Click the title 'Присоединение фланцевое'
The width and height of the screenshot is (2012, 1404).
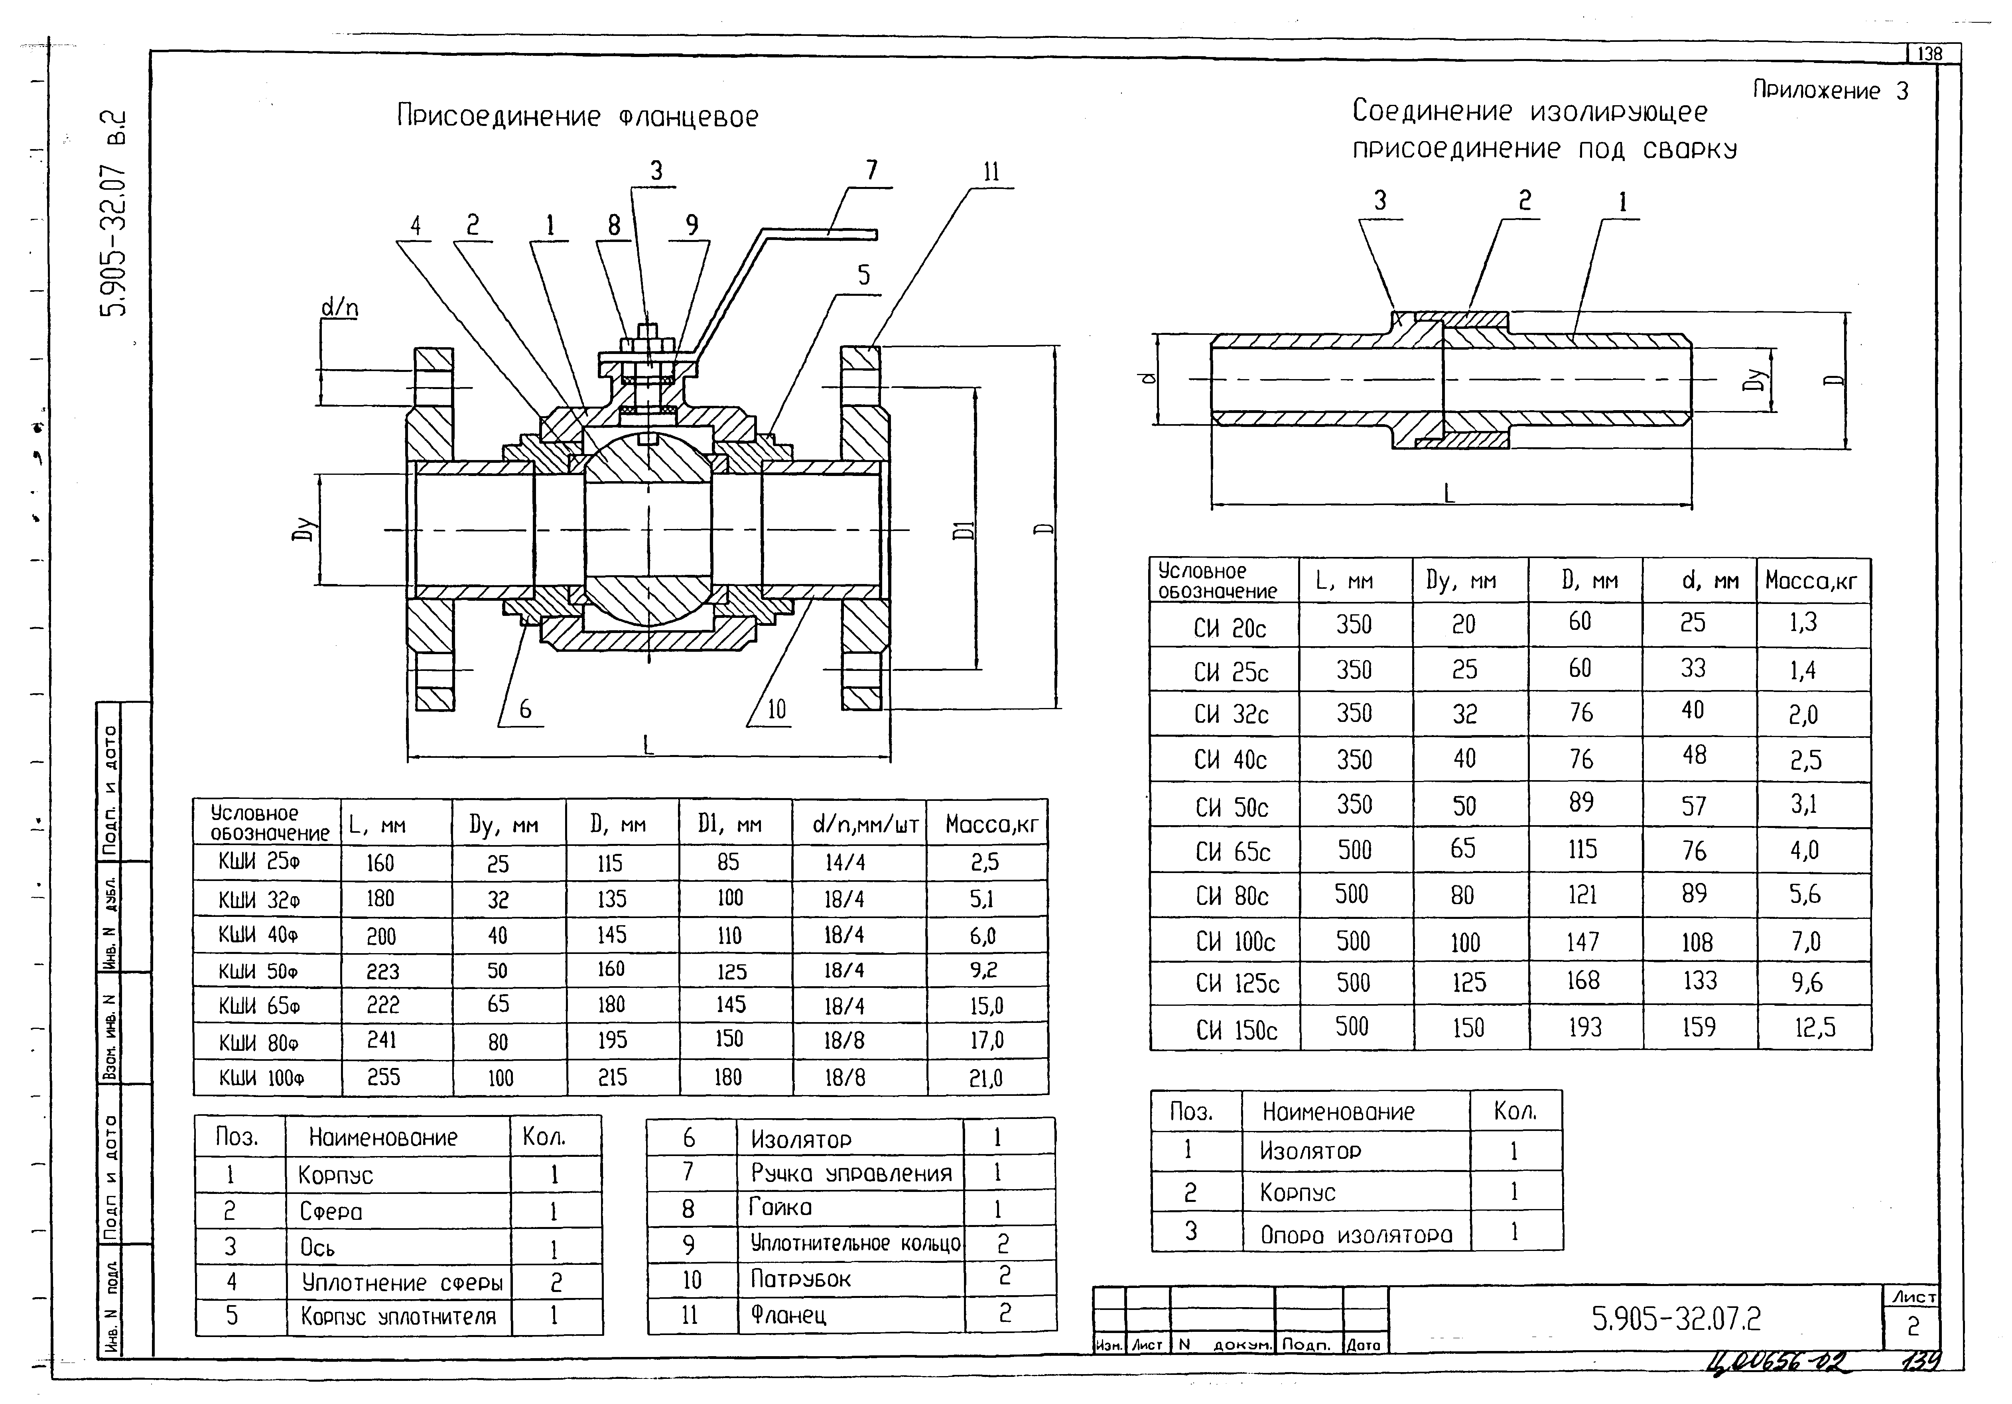(x=577, y=116)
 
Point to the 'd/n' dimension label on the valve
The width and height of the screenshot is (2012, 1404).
(x=339, y=307)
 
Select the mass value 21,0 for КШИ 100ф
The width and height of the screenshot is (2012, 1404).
(x=986, y=1078)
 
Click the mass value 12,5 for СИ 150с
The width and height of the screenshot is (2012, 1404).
(x=1813, y=1027)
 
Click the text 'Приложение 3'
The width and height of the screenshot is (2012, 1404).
(x=1830, y=91)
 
